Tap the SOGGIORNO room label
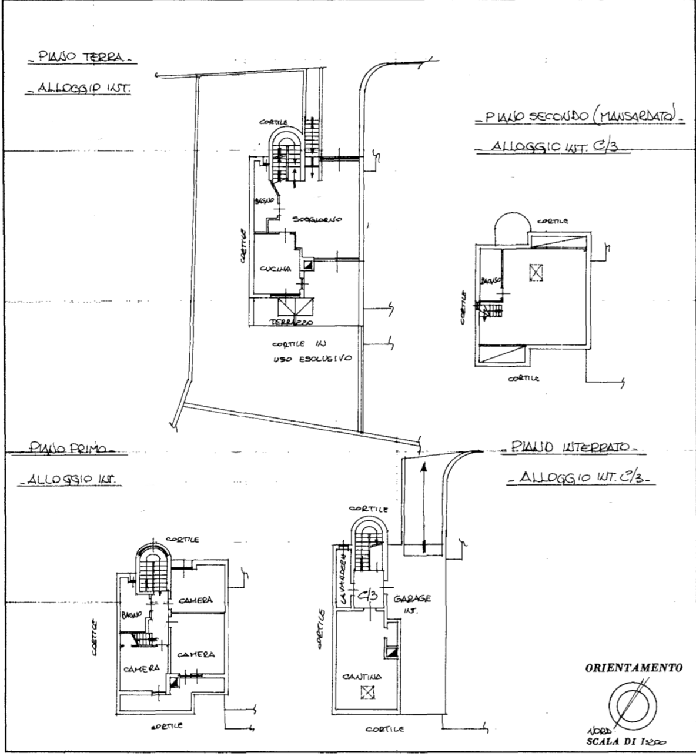click(x=317, y=219)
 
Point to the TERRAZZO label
click(x=290, y=323)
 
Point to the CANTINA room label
click(x=363, y=676)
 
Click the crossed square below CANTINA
click(x=367, y=694)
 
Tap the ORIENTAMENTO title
click(x=634, y=668)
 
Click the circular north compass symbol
click(x=632, y=703)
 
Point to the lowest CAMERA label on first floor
click(x=142, y=669)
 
